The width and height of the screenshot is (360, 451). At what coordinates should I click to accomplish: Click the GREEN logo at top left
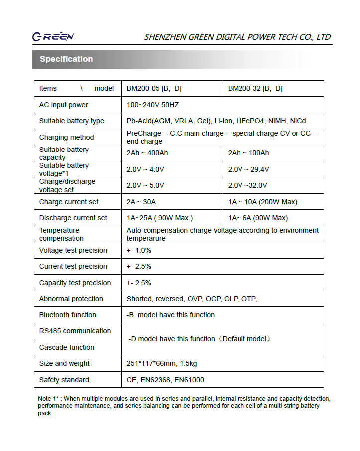tap(53, 37)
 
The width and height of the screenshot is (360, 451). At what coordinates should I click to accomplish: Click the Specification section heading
tap(66, 59)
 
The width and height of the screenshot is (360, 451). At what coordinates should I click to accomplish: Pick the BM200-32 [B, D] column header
tap(255, 89)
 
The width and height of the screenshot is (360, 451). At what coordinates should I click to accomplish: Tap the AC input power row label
tap(63, 105)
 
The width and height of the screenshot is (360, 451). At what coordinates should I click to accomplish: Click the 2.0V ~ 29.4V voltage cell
tap(248, 170)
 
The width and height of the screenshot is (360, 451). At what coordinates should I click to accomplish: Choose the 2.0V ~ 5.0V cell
tap(145, 186)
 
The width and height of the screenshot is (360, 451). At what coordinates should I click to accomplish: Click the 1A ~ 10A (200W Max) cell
tap(262, 202)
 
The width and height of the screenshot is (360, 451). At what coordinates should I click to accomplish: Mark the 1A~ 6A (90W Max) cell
tap(257, 218)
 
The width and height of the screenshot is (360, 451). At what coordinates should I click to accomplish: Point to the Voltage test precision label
tap(73, 251)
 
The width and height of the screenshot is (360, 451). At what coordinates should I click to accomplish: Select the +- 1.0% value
tap(139, 251)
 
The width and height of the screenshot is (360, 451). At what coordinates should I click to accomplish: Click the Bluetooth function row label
tap(68, 315)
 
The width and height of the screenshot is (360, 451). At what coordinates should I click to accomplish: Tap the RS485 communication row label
tap(75, 331)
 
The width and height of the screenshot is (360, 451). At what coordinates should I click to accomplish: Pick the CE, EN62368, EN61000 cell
tap(165, 380)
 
